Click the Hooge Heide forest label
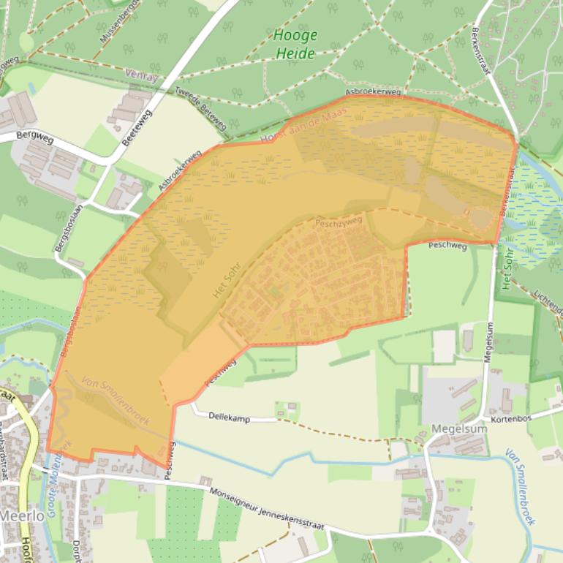[x=295, y=44]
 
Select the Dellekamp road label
[x=230, y=416]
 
